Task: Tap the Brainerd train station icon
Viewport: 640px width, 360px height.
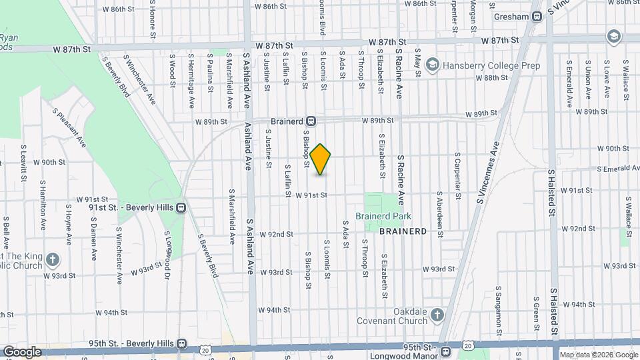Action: (311, 121)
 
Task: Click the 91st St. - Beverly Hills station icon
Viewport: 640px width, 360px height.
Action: (181, 207)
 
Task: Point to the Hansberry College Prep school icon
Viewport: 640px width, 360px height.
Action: (433, 65)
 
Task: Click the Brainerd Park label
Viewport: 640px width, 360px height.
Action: (383, 216)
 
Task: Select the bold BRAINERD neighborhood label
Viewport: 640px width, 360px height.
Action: (403, 231)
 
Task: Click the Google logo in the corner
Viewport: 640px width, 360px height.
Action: (22, 351)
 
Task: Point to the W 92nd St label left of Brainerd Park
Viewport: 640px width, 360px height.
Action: (277, 234)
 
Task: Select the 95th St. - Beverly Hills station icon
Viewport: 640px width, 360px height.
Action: (181, 343)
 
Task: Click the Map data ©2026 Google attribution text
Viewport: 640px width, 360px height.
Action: (599, 355)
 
